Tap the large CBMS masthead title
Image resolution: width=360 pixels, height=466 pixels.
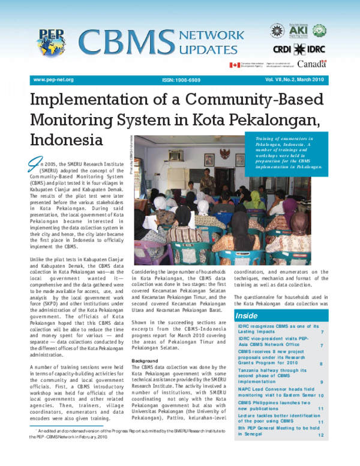pyautogui.click(x=124, y=43)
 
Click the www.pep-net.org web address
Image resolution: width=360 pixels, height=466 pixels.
pyautogui.click(x=53, y=79)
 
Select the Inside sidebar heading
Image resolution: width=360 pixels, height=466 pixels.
pyautogui.click(x=246, y=315)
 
